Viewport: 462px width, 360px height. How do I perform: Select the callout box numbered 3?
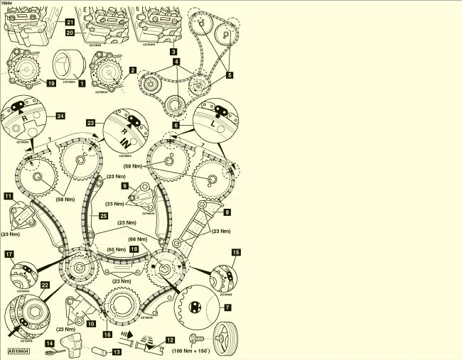click(x=173, y=51)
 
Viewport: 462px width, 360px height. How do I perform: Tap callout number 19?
click(x=50, y=83)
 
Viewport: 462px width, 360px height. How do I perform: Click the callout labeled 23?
click(x=92, y=121)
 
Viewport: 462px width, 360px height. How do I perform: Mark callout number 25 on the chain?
click(x=103, y=214)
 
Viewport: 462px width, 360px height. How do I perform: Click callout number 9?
click(x=125, y=186)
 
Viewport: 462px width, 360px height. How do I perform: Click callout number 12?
click(x=169, y=340)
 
